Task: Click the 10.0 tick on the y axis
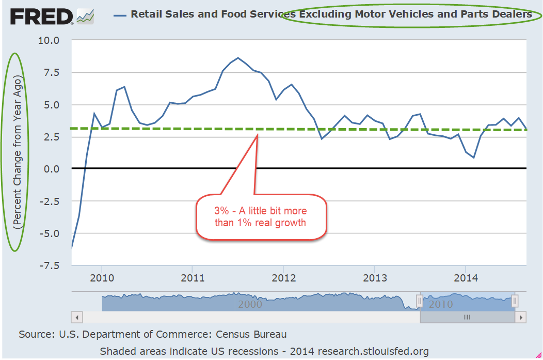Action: click(50, 40)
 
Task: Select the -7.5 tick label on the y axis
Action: click(50, 265)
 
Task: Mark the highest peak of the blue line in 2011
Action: click(238, 58)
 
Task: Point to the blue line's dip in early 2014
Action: click(473, 157)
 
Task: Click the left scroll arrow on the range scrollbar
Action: click(76, 317)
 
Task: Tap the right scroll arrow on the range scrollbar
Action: click(521, 317)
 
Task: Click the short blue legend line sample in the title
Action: click(120, 15)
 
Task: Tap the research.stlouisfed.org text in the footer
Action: click(373, 351)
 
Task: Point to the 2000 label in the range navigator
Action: click(250, 304)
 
